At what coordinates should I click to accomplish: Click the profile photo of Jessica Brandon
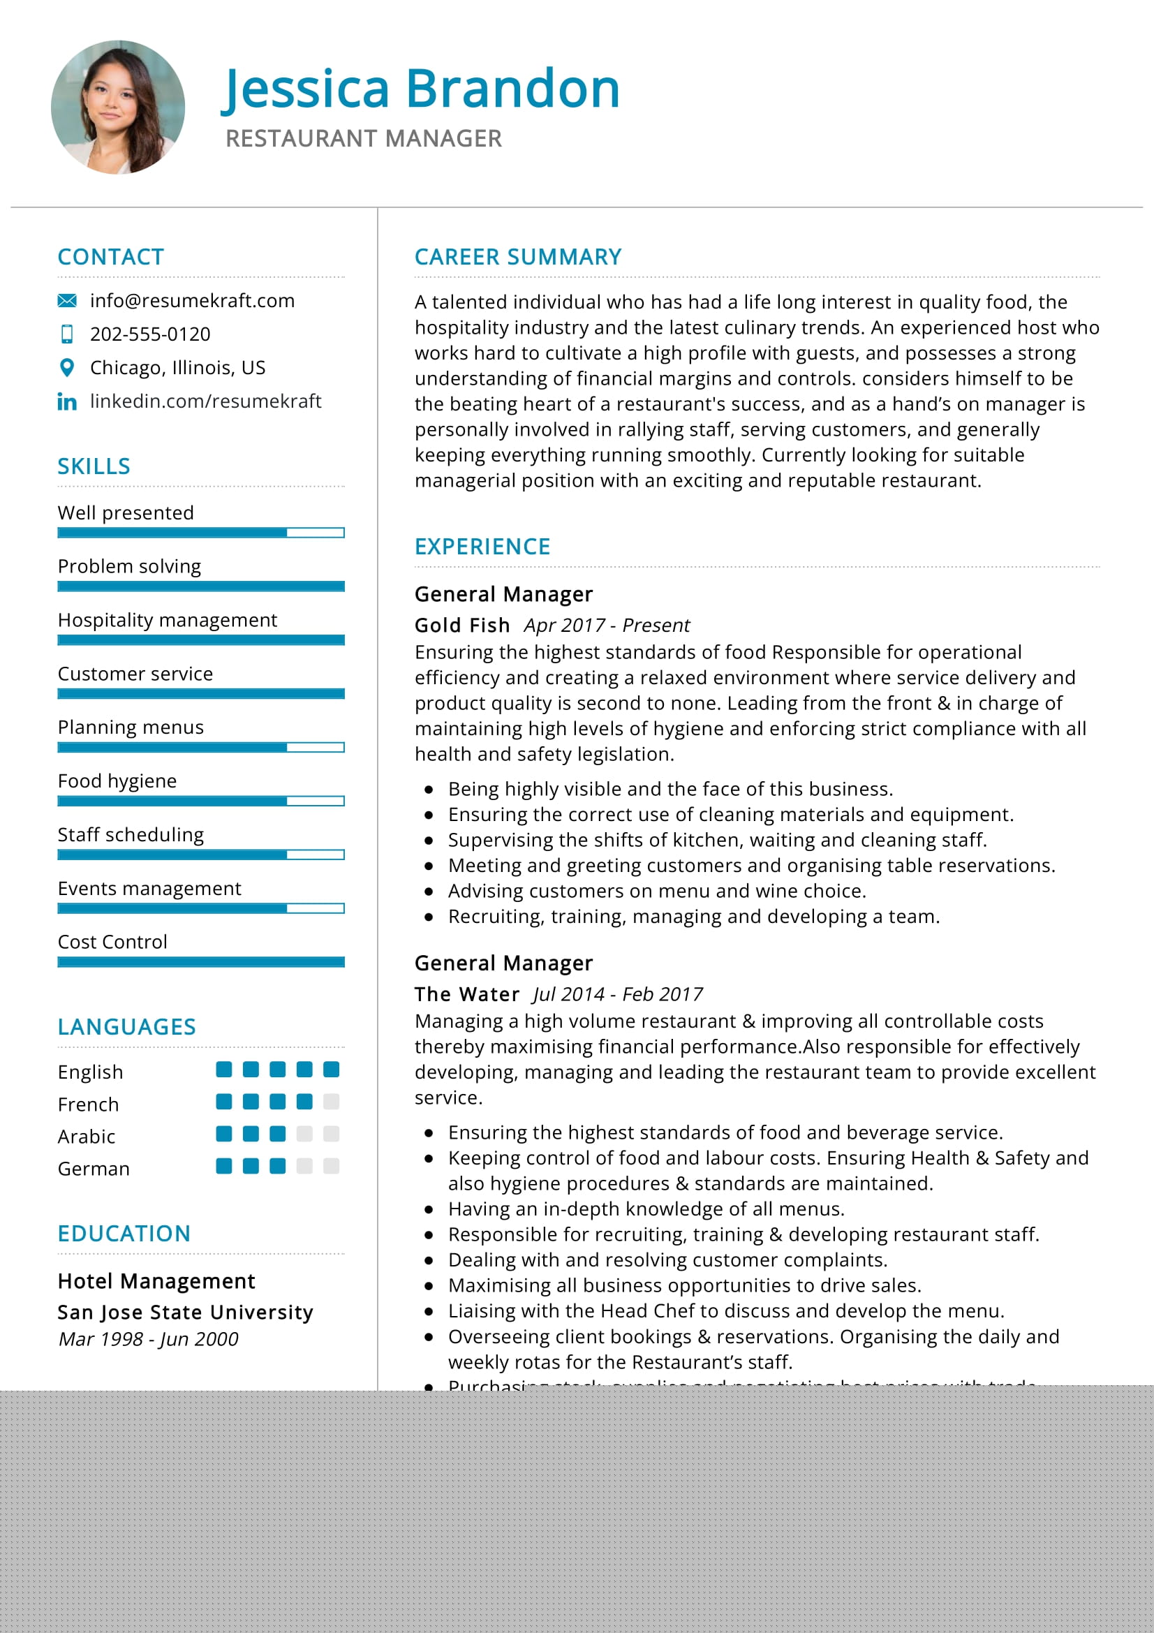[118, 108]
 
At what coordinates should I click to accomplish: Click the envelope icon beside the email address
[67, 301]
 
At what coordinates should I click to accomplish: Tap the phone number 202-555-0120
[150, 334]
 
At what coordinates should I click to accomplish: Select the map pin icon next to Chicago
[67, 368]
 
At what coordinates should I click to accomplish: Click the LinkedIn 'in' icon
[67, 402]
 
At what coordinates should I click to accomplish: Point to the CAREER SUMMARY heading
[517, 257]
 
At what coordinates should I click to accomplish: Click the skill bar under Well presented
[200, 533]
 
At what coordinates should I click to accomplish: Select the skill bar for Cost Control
[200, 962]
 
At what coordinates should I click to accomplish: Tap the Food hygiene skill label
[117, 781]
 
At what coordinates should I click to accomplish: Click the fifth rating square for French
[332, 1102]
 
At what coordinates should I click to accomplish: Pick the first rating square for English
[224, 1069]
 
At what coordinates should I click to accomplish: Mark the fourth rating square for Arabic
[304, 1134]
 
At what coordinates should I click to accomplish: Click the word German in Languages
[94, 1169]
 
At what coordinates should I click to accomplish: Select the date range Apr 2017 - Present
[607, 625]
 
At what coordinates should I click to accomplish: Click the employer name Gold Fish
[462, 625]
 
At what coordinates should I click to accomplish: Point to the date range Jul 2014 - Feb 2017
[617, 994]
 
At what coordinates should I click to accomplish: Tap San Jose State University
[186, 1313]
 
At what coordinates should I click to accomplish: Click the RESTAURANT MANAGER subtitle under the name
[363, 139]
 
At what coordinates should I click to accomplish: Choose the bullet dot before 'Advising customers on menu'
[429, 891]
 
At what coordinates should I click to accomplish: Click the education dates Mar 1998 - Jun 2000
[148, 1339]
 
